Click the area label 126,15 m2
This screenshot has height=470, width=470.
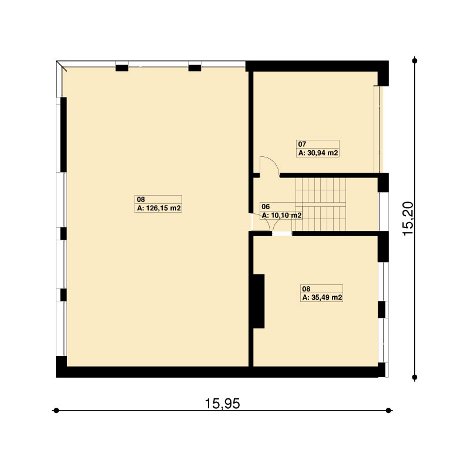point(159,208)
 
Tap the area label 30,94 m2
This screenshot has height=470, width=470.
point(318,153)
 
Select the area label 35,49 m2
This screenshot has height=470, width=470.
point(322,298)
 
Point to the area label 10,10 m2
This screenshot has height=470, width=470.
point(281,215)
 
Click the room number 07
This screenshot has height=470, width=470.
point(302,144)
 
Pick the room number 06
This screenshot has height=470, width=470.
point(266,207)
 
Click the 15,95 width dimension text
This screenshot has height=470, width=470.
point(222,404)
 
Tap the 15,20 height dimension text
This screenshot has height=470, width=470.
point(408,219)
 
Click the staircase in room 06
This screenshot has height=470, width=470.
point(321,204)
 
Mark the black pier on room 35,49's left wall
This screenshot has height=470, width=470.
point(258,301)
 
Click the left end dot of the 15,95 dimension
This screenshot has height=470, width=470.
point(56,410)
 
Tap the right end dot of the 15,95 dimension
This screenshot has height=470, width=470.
point(388,410)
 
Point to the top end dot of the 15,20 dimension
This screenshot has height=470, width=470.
point(415,61)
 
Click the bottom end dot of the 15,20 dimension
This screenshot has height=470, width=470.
point(415,377)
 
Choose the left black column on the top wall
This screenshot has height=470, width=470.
point(122,68)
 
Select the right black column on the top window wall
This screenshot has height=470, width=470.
point(194,68)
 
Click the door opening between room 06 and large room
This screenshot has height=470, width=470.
point(251,222)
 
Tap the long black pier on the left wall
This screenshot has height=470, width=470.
point(63,135)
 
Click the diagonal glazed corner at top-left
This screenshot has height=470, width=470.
point(61,66)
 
